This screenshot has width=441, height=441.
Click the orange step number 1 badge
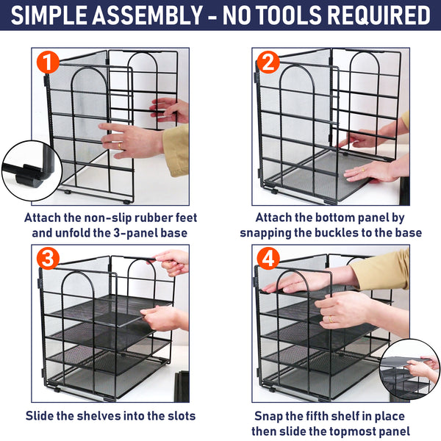click(x=48, y=63)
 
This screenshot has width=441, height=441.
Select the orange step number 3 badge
click(x=48, y=259)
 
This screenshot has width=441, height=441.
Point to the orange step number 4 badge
click(x=269, y=259)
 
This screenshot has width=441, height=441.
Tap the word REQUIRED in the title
click(x=379, y=15)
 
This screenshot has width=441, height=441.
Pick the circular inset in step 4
click(x=409, y=369)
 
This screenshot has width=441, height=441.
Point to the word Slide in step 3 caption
click(x=41, y=416)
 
